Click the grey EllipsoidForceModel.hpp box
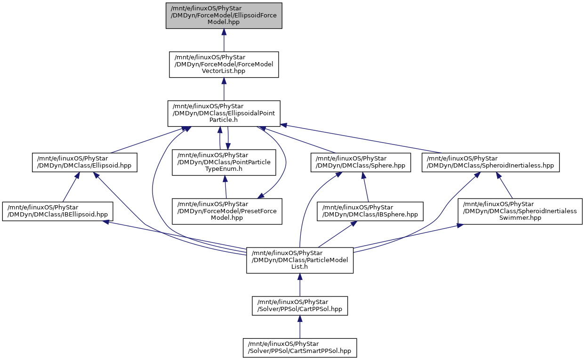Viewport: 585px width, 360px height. pyautogui.click(x=224, y=16)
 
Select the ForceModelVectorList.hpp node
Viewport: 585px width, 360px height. pyautogui.click(x=224, y=64)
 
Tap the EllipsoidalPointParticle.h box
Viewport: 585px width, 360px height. pyautogui.click(x=224, y=113)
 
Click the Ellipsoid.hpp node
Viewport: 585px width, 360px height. pyautogui.click(x=85, y=162)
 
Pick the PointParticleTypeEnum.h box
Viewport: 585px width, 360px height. pyautogui.click(x=224, y=162)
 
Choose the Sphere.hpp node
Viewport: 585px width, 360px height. pyautogui.click(x=361, y=162)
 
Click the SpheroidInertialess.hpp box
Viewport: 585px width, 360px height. pyautogui.click(x=490, y=162)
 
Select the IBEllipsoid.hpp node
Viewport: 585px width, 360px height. pyautogui.click(x=58, y=211)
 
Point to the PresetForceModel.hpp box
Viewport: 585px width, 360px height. pyautogui.click(x=227, y=211)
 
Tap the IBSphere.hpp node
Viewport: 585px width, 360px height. pyautogui.click(x=370, y=211)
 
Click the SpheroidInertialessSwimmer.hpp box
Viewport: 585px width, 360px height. pyautogui.click(x=520, y=211)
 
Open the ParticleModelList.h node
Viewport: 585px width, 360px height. pyautogui.click(x=300, y=260)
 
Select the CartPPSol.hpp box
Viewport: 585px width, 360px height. pyautogui.click(x=300, y=306)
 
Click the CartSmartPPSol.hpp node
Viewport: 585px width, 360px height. pyautogui.click(x=300, y=348)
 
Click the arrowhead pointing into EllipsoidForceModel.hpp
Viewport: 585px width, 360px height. pyautogui.click(x=224, y=32)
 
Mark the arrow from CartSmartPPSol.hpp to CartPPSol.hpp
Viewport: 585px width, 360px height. pyautogui.click(x=300, y=327)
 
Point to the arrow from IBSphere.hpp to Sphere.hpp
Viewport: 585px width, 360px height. pyautogui.click(x=365, y=187)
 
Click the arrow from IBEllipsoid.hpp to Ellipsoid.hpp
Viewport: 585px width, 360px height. pyautogui.click(x=70, y=187)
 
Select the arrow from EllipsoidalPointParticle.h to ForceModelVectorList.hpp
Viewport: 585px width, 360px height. pyautogui.click(x=224, y=89)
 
